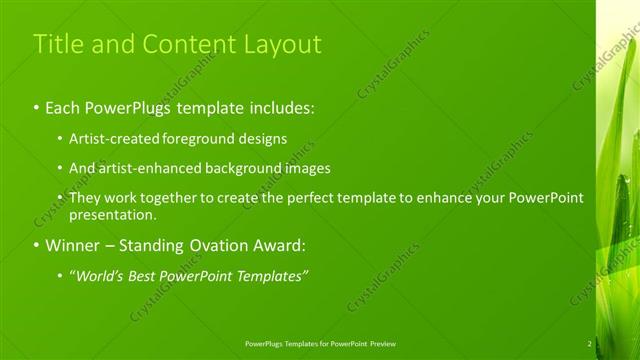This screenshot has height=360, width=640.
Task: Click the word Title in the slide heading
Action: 56,44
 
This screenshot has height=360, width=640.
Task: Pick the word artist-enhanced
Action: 146,168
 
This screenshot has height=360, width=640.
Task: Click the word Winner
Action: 71,245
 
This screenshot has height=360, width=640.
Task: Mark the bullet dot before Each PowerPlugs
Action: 37,106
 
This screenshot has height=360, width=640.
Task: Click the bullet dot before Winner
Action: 37,245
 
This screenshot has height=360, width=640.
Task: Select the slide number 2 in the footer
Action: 589,343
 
